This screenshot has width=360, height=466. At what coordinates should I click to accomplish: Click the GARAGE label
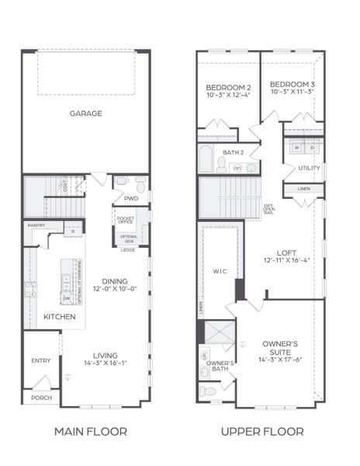click(x=86, y=113)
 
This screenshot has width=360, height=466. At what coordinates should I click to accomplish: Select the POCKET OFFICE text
click(x=125, y=221)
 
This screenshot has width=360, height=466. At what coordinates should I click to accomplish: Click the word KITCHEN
click(x=59, y=317)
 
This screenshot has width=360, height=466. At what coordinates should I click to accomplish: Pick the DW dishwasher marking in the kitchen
click(x=67, y=298)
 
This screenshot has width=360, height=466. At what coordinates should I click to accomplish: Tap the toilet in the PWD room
click(x=140, y=184)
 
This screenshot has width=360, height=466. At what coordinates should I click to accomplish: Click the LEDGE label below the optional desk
click(x=128, y=249)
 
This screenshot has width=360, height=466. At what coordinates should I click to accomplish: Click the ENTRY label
click(x=40, y=360)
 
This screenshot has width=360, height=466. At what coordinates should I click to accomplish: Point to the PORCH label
click(x=41, y=397)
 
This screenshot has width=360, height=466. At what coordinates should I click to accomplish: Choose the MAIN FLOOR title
click(x=91, y=432)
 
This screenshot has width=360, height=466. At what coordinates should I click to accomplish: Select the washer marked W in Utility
click(x=297, y=147)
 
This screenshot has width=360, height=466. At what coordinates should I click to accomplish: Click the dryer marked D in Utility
click(x=313, y=147)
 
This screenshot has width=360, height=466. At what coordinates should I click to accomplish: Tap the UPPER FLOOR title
click(x=262, y=432)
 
